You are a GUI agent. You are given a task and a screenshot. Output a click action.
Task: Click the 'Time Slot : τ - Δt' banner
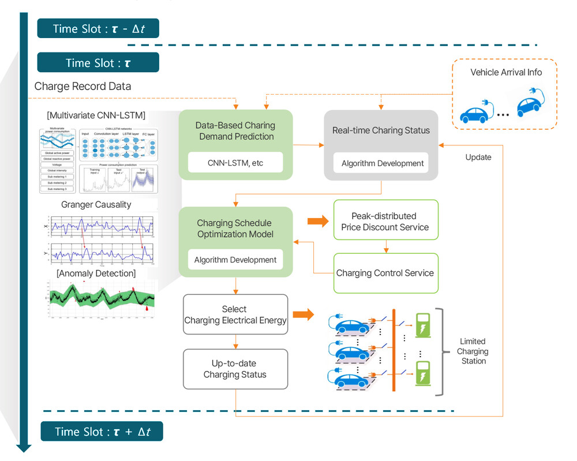(x=98, y=28)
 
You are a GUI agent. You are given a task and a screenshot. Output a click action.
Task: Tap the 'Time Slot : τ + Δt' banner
(x=102, y=432)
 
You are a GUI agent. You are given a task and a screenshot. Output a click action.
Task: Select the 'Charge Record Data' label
(x=83, y=87)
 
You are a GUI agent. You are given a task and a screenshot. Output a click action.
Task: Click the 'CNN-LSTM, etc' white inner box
(x=235, y=163)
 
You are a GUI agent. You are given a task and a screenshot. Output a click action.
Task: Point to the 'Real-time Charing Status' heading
(x=381, y=130)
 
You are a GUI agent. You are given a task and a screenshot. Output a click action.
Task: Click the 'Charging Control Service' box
(x=385, y=273)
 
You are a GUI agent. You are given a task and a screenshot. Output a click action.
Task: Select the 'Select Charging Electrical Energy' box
(x=235, y=314)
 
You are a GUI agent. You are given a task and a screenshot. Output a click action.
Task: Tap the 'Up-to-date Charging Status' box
(x=235, y=369)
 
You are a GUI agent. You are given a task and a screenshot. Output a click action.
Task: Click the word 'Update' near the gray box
(x=478, y=157)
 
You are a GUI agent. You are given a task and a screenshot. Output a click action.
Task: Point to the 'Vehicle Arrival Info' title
(x=506, y=72)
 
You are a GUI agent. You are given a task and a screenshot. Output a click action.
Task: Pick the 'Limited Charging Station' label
(x=473, y=351)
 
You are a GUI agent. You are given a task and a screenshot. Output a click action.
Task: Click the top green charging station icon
(x=424, y=325)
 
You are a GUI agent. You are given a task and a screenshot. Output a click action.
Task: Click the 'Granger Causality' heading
(x=96, y=204)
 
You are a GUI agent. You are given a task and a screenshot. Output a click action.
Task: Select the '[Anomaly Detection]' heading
(x=96, y=273)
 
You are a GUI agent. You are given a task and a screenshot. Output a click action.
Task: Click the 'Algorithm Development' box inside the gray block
(x=383, y=163)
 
